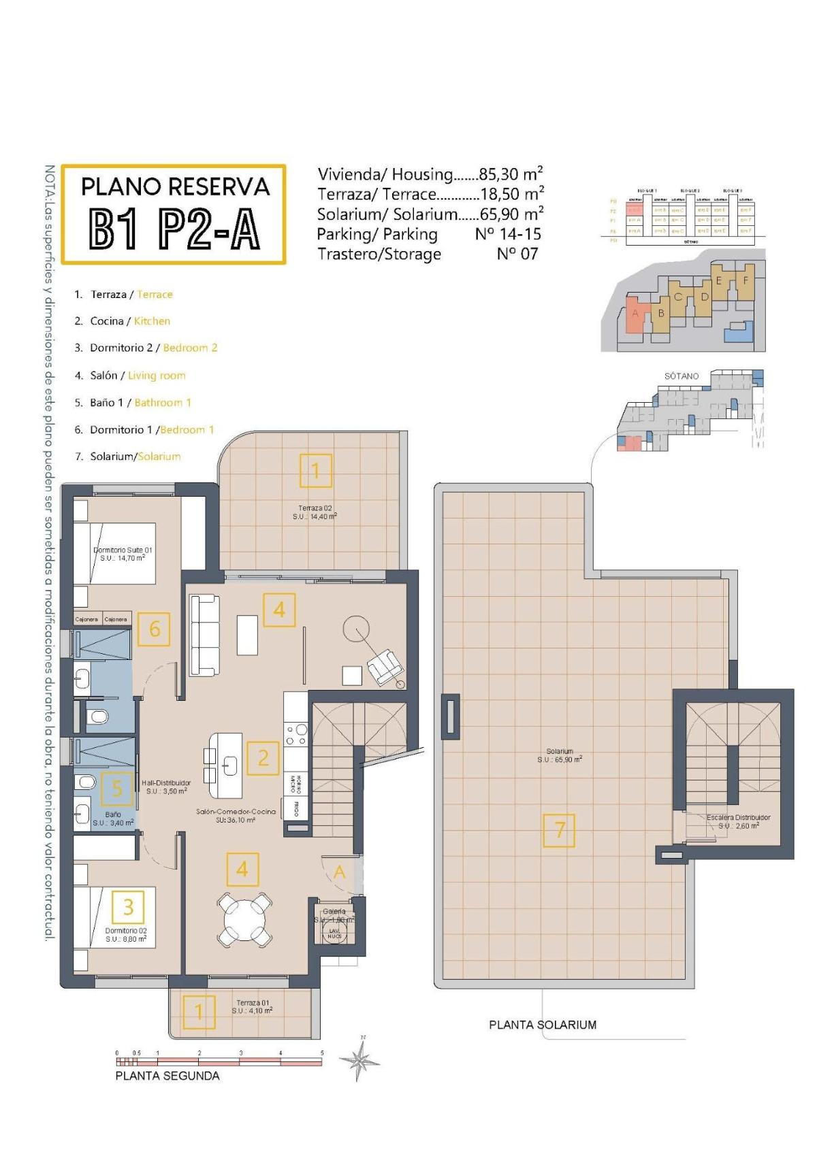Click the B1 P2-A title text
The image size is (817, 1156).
(174, 230)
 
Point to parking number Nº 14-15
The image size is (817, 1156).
(508, 234)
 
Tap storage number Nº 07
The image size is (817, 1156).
(517, 254)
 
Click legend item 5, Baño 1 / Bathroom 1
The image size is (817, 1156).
(133, 403)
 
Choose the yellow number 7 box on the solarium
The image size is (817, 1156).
(559, 830)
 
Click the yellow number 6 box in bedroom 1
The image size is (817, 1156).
(154, 629)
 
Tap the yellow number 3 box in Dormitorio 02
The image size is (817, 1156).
(128, 906)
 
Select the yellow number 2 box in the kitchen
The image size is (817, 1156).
(263, 757)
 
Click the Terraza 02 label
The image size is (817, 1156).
(315, 512)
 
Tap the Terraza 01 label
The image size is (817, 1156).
(253, 1007)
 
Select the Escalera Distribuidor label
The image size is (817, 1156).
(738, 821)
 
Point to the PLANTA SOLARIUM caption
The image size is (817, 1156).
(543, 1025)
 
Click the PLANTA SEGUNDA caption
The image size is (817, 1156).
(167, 1076)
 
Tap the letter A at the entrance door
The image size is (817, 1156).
(339, 872)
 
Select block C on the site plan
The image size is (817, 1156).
(677, 297)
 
